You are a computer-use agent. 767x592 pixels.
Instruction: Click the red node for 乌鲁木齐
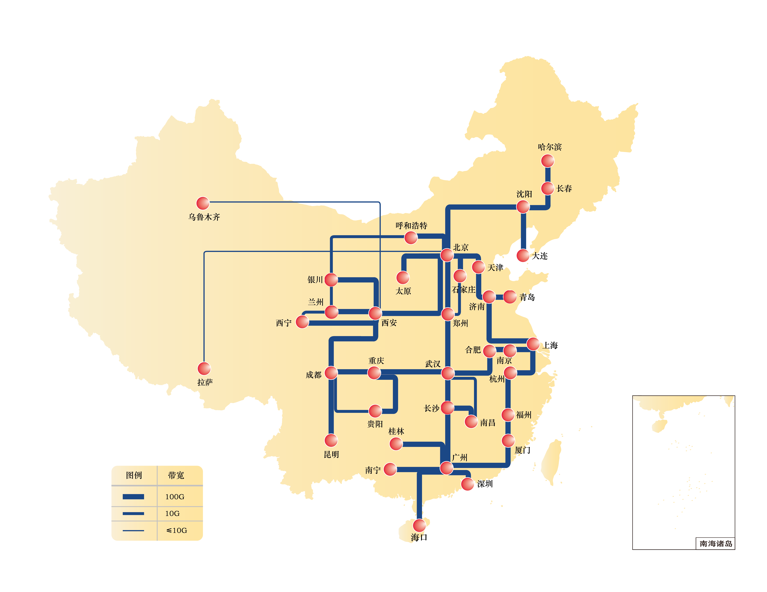click(203, 203)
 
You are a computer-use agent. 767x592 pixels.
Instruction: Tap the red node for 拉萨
click(204, 369)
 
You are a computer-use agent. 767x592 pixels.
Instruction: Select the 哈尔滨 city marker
click(548, 161)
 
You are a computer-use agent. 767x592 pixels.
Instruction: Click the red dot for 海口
click(419, 526)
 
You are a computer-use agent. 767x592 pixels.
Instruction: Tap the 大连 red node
click(523, 255)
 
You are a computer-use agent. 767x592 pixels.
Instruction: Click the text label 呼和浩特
click(411, 226)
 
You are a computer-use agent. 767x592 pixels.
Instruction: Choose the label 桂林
click(396, 431)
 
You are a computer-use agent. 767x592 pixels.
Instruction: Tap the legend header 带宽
click(176, 475)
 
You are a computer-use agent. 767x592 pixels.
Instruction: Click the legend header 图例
click(134, 475)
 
